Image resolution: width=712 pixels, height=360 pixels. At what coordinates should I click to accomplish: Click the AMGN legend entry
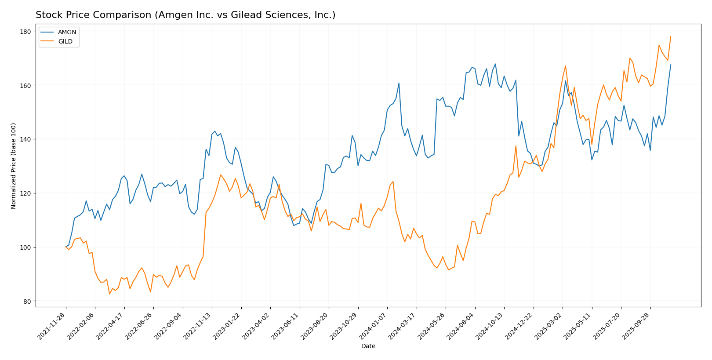(67, 33)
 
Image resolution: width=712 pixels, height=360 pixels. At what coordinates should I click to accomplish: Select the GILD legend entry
(65, 42)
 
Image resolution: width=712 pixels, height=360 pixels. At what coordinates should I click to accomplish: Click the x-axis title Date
(368, 346)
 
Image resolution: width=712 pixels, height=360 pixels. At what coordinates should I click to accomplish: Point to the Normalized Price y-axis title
(14, 166)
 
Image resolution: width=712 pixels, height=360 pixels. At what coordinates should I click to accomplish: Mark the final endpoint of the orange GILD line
(671, 36)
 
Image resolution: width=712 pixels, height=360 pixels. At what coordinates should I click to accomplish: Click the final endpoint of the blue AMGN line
(671, 65)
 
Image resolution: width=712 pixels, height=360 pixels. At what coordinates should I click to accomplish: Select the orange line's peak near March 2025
(565, 66)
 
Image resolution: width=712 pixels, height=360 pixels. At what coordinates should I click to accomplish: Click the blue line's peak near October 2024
(495, 64)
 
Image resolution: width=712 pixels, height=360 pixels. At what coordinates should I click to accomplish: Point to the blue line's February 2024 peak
(399, 83)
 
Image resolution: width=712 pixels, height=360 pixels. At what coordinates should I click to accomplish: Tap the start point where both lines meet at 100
(66, 247)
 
